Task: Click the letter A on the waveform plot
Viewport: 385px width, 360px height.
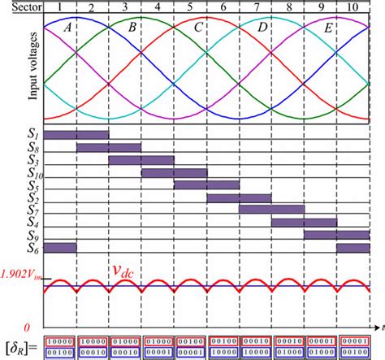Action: pos(67,26)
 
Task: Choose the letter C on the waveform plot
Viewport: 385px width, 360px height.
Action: pos(198,26)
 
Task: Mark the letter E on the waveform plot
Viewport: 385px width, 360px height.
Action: pos(328,26)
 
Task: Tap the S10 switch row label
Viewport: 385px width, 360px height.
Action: pos(33,172)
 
